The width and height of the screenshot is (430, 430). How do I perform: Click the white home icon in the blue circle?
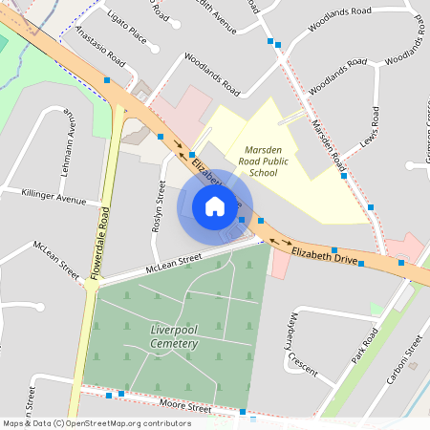215,206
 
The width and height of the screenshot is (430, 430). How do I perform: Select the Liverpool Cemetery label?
174,336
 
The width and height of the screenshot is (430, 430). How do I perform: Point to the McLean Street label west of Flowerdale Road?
56,258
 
